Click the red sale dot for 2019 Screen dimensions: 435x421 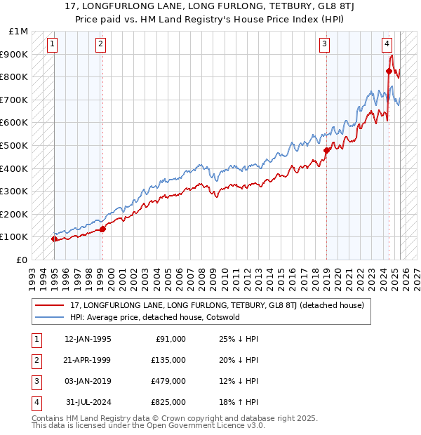(326, 150)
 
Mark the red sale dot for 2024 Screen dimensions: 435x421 (389, 71)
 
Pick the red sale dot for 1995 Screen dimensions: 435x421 (54, 239)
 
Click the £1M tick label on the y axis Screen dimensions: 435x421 (19, 32)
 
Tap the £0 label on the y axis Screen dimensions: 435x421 (22, 260)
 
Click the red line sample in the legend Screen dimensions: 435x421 (48, 305)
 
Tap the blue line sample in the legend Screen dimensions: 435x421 (48, 317)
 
